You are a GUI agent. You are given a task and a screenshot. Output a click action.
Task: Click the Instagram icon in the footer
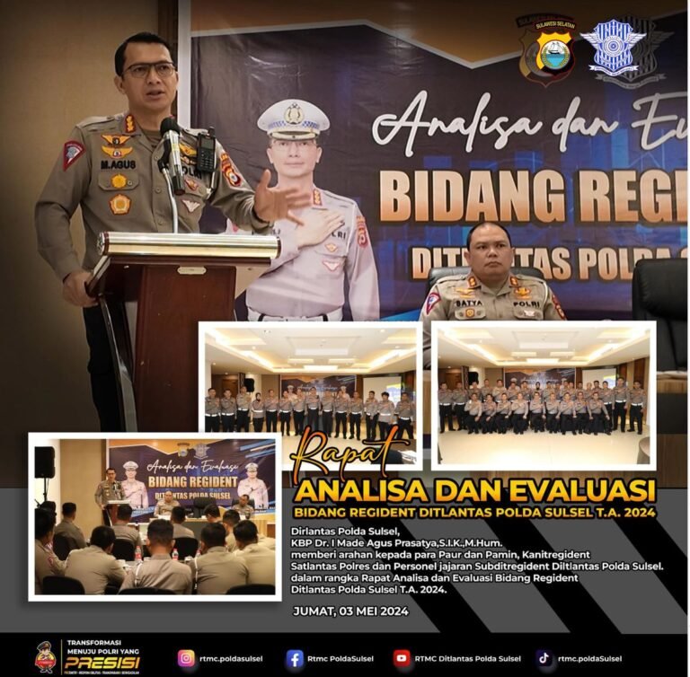click(x=186, y=658)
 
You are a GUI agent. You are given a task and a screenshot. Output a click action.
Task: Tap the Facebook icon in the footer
click(x=294, y=658)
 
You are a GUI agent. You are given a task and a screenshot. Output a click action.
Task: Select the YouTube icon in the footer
click(x=401, y=658)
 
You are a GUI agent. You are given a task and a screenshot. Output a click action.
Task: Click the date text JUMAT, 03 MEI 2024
click(x=350, y=611)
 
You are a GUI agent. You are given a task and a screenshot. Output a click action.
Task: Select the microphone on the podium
click(x=171, y=135)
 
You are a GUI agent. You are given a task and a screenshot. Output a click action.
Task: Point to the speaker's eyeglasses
click(x=149, y=69)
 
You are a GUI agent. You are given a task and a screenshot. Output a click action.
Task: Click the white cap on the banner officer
click(x=293, y=118)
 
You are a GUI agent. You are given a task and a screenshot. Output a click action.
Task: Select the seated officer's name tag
click(x=469, y=304)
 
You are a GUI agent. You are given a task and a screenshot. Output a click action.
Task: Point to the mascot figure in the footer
click(x=45, y=656)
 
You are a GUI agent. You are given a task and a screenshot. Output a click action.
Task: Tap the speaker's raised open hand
click(x=277, y=197)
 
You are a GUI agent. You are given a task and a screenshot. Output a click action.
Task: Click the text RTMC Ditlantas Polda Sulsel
click(x=468, y=658)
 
